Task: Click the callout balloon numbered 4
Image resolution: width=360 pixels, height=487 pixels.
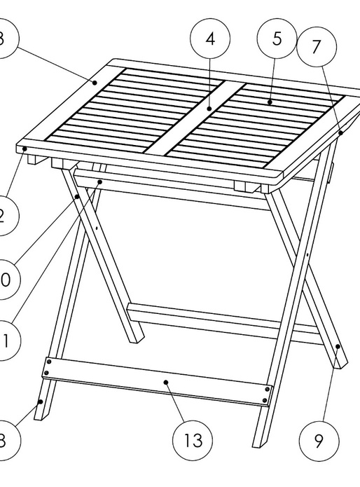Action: pos(211,40)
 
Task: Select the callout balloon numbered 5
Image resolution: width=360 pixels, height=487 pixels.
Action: pos(277,39)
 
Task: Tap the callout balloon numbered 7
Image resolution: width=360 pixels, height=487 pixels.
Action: pos(316,48)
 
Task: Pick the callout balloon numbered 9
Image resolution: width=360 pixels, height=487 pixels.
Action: pos(319,441)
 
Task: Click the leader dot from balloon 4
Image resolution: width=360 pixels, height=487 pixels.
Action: pos(209,109)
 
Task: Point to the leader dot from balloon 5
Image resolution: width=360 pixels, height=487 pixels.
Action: pos(270,102)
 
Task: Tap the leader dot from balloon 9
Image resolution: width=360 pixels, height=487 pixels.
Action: pos(338,345)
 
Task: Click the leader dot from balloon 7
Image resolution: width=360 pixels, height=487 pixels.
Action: pos(340,131)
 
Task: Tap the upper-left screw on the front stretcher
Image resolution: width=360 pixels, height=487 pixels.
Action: pos(48,362)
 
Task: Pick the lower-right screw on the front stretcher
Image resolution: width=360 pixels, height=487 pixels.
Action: pos(265,399)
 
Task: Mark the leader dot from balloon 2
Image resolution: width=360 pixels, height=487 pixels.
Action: pos(25,149)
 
